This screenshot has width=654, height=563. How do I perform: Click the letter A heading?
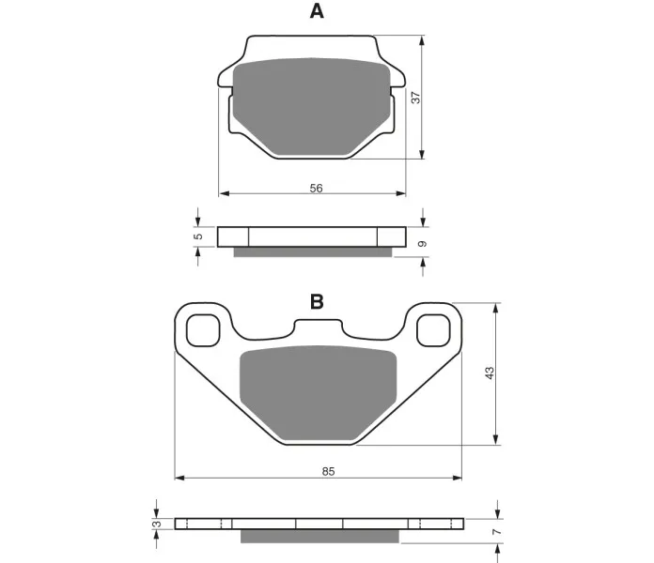[x=317, y=11]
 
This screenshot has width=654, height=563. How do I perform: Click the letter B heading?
[x=317, y=302]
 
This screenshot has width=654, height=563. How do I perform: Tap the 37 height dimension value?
[x=416, y=98]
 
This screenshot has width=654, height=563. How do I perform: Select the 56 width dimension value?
[x=316, y=189]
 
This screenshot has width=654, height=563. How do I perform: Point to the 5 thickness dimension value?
[x=199, y=236]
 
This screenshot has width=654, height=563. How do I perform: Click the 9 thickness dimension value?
[x=423, y=244]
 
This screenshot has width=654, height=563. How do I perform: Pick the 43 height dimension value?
[x=490, y=373]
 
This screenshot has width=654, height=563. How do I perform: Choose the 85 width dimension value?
[x=328, y=471]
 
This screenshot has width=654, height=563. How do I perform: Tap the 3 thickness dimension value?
[x=157, y=524]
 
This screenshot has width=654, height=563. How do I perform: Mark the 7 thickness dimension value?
[x=496, y=532]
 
